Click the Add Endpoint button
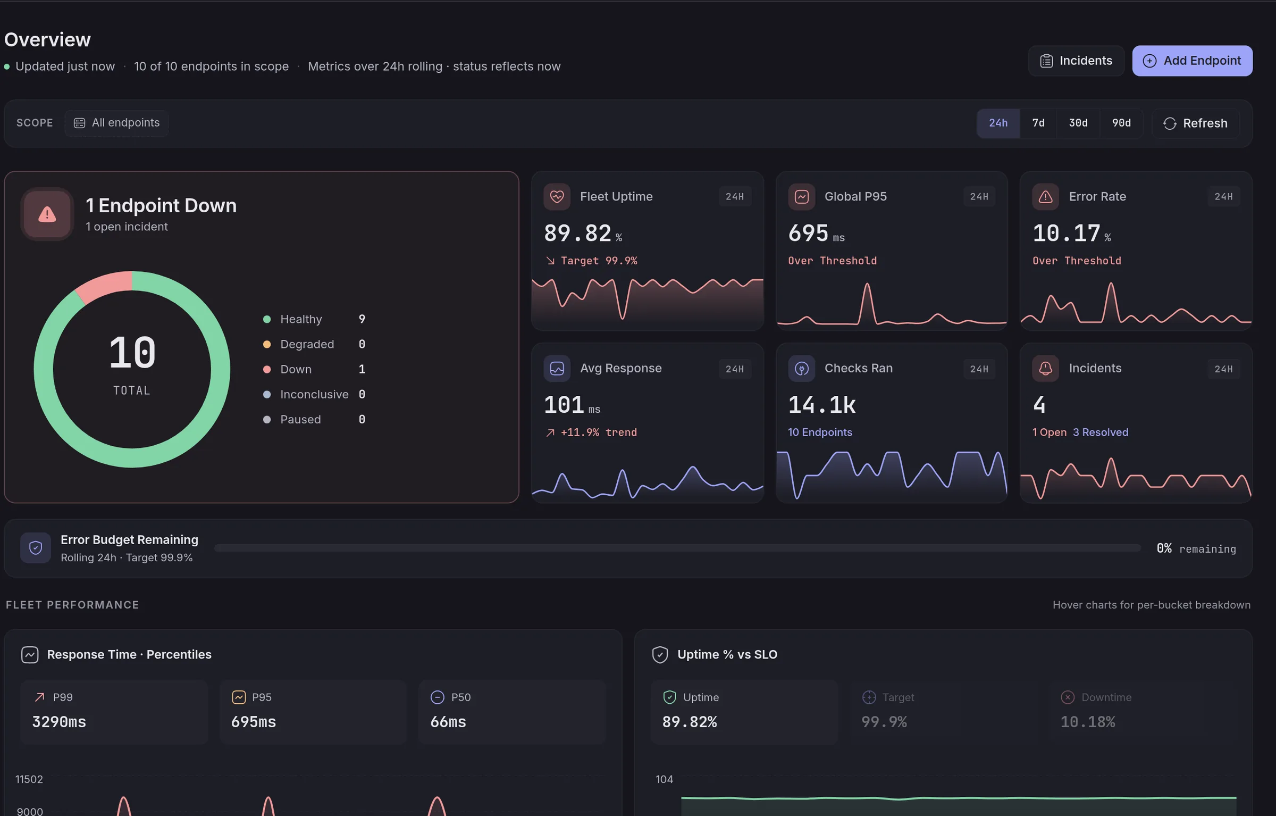pos(1192,61)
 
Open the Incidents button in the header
pos(1076,61)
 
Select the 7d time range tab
pos(1038,123)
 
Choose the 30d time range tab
pos(1078,123)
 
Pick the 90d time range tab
pos(1121,123)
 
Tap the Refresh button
pos(1196,123)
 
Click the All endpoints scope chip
pos(116,123)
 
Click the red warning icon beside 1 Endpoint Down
pos(47,214)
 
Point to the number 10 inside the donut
pos(132,353)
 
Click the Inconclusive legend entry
pos(314,394)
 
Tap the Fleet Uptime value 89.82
pos(577,234)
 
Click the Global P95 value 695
pos(808,234)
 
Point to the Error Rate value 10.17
pos(1066,234)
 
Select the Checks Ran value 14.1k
pos(822,405)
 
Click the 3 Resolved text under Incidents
pos(1101,432)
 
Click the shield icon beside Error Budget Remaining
pos(36,548)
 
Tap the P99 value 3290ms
pos(59,722)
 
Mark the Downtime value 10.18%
pos(1088,722)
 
